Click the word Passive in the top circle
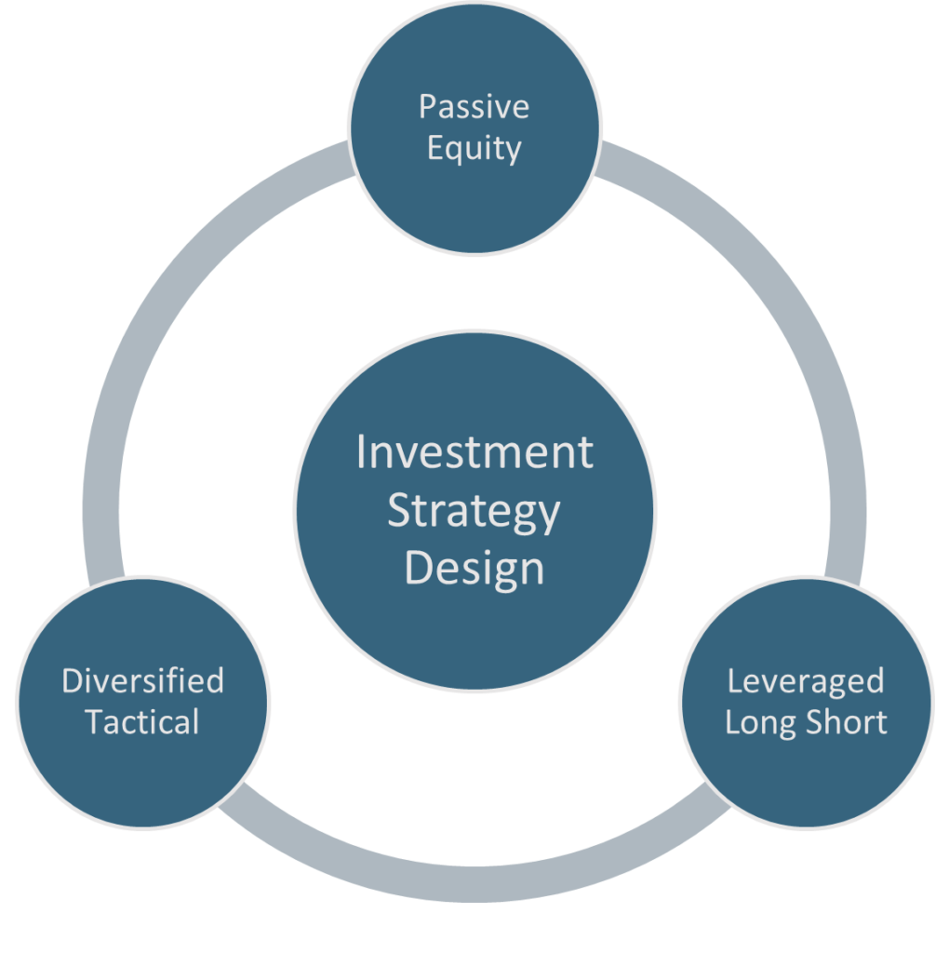click(474, 107)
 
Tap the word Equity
click(474, 149)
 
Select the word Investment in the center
click(474, 453)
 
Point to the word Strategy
click(474, 510)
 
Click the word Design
click(474, 567)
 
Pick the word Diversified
click(142, 680)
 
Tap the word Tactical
click(142, 722)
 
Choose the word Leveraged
click(806, 680)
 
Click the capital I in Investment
click(362, 453)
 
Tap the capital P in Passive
click(426, 107)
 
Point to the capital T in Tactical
click(94, 722)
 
